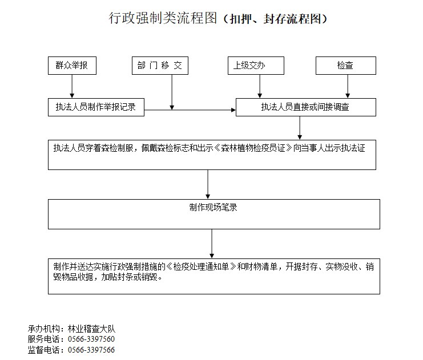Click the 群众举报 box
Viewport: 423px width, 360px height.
pyautogui.click(x=72, y=66)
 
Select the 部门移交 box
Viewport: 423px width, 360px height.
pyautogui.click(x=159, y=66)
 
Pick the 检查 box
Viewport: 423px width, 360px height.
pyautogui.click(x=345, y=66)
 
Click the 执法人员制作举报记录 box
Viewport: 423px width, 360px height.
pyautogui.click(x=96, y=107)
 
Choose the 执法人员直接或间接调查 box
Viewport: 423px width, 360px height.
pyautogui.click(x=305, y=107)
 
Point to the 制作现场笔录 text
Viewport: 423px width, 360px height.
pyautogui.click(x=213, y=208)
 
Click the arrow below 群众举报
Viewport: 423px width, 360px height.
pyautogui.click(x=72, y=86)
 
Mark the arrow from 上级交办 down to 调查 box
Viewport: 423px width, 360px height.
pyautogui.click(x=260, y=86)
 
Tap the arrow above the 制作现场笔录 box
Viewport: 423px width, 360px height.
pyautogui.click(x=208, y=184)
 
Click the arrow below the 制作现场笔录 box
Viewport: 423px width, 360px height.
pyautogui.click(x=212, y=244)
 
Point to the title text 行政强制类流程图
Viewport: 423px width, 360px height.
pyautogui.click(x=163, y=19)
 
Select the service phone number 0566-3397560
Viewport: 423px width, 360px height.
pyautogui.click(x=91, y=339)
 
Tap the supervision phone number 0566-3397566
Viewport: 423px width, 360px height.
pyautogui.click(x=91, y=350)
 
